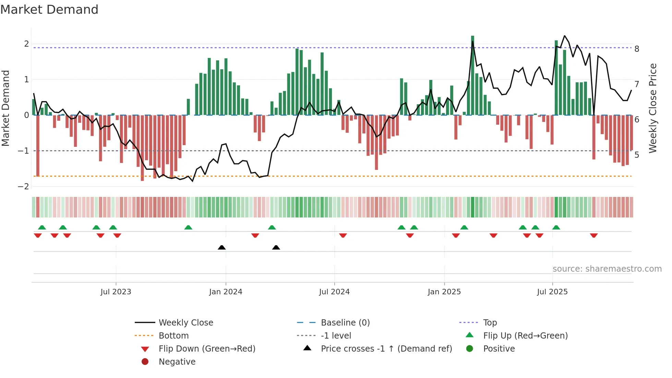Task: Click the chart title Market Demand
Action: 49,10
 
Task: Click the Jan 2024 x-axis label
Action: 226,292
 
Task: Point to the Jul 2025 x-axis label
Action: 552,292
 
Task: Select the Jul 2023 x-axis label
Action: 116,292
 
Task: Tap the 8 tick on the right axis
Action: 637,49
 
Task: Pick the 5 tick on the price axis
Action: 637,155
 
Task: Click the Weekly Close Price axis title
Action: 653,108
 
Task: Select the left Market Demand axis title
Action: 6,108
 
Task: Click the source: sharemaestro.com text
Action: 607,269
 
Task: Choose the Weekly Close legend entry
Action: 185,323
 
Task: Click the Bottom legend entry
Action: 173,336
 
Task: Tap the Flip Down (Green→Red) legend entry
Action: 207,349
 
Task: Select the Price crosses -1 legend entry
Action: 386,349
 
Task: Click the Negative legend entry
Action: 177,362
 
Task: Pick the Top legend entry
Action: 490,323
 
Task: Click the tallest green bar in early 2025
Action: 472,75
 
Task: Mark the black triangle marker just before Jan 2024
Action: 222,247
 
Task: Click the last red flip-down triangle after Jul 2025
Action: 594,235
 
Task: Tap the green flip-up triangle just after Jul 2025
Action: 556,227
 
